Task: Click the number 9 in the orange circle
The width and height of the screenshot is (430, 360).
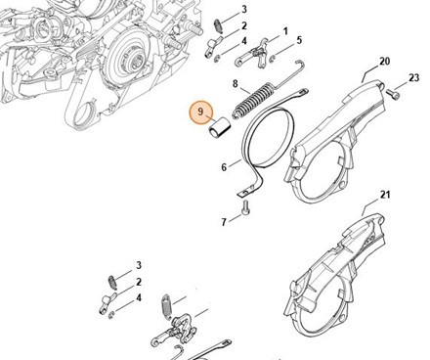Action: [200, 112]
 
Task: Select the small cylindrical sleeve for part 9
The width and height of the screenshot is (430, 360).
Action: [219, 129]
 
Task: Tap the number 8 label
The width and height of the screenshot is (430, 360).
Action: [236, 84]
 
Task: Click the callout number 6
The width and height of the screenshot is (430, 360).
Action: [224, 167]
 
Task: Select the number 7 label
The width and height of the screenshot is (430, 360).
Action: [224, 222]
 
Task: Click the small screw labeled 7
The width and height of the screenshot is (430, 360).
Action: [245, 207]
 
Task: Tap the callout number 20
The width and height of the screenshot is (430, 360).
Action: [385, 61]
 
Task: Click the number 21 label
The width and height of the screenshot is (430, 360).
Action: [385, 195]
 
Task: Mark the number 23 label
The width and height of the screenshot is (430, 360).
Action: [413, 77]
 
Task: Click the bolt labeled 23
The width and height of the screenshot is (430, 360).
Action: [393, 94]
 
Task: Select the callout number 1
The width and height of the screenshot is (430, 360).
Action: [285, 31]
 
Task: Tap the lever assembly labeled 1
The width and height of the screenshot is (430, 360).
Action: [252, 54]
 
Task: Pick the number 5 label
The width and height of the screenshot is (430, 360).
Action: [299, 40]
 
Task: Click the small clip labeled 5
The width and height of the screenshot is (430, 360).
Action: [273, 59]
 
